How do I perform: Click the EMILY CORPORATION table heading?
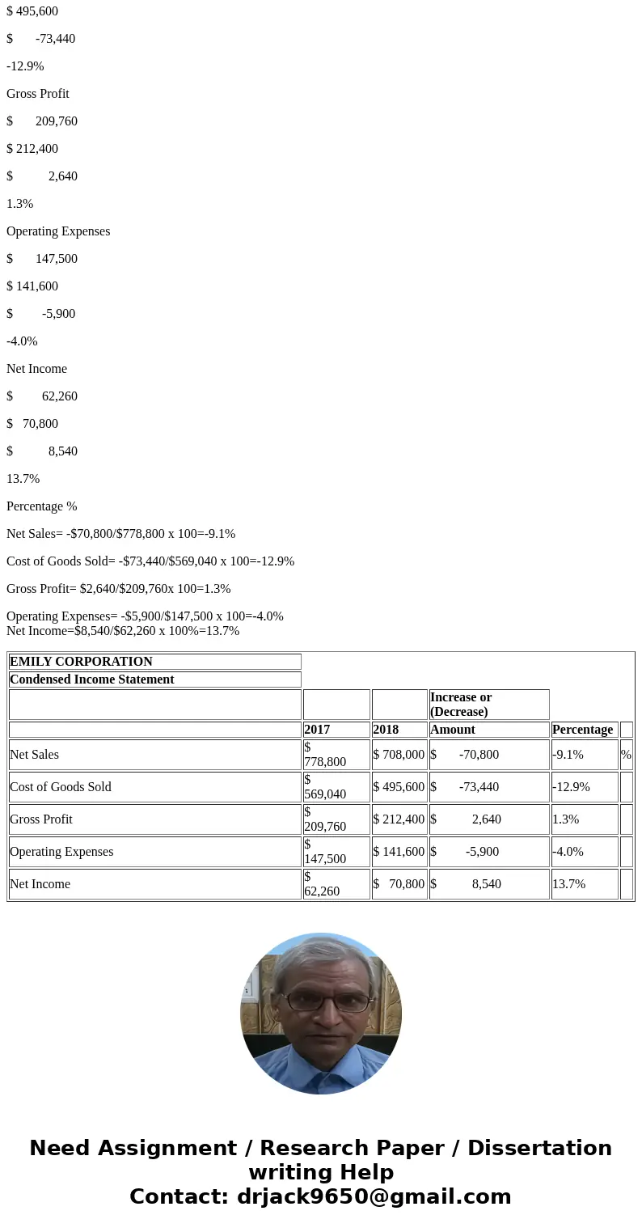pos(81,662)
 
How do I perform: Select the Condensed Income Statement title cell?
pos(91,680)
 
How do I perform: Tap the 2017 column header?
pos(317,730)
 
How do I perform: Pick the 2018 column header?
pos(386,730)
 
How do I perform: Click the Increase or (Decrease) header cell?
pos(461,705)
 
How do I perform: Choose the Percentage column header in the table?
pos(582,730)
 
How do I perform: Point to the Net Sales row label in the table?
pos(34,755)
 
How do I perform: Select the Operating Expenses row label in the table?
pos(61,852)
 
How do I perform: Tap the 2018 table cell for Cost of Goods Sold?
pos(399,787)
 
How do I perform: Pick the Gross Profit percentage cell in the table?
pos(566,819)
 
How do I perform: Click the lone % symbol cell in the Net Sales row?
pos(626,755)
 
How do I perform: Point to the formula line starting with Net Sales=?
pos(120,534)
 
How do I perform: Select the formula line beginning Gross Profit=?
pos(118,589)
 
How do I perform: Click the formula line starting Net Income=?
pos(123,631)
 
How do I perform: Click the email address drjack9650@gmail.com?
pos(374,1197)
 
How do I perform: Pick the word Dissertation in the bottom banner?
pos(539,1149)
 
